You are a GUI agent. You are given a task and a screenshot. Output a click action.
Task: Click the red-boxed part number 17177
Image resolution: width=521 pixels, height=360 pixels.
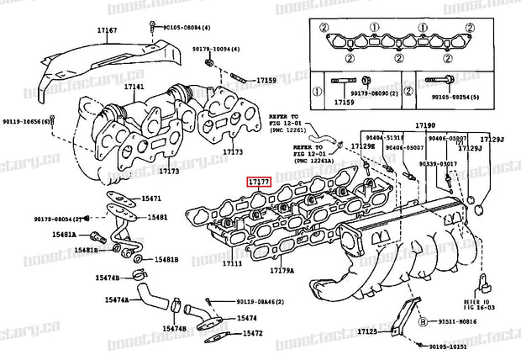coord(258,181)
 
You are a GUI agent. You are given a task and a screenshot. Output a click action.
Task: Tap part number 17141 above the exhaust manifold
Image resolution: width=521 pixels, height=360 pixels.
coord(134,87)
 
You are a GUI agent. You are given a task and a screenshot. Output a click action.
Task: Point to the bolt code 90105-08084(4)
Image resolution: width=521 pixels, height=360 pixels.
coord(189,27)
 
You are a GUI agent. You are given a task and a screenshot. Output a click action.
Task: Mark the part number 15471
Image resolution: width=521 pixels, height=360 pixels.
coord(150,199)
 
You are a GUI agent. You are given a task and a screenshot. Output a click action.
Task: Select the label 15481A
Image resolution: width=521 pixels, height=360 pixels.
coord(84,235)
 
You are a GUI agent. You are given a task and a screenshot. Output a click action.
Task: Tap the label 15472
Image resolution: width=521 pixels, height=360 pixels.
coord(254,333)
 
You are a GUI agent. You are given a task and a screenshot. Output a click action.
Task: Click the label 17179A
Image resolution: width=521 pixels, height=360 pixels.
coord(282,270)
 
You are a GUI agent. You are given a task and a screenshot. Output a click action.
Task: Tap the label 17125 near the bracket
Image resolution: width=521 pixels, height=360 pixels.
coord(366,332)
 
